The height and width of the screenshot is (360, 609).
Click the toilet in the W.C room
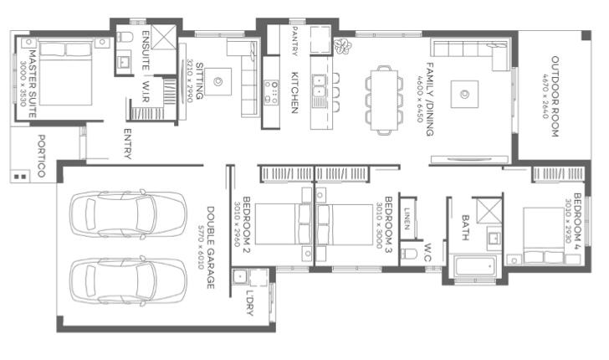coord(411,253)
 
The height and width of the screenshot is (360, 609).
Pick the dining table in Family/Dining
coord(385,98)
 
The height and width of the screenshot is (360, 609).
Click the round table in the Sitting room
coord(217,81)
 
